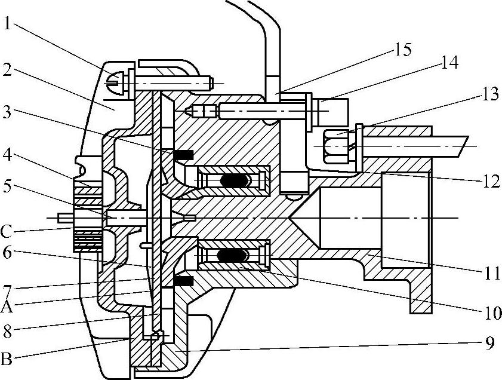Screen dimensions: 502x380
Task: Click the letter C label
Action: click(7, 229)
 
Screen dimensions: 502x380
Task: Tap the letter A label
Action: click(7, 307)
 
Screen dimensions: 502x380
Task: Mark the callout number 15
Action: click(403, 49)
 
